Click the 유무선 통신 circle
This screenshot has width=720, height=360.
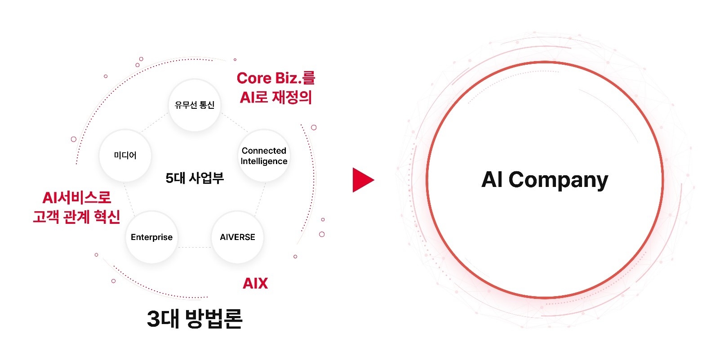click(x=194, y=105)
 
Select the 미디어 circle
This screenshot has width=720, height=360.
click(x=125, y=156)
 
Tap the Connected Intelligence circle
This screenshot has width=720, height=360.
click(x=264, y=156)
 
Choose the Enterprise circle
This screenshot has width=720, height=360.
click(x=151, y=237)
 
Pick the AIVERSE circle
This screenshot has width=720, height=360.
click(x=237, y=237)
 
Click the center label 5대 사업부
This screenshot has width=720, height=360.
click(x=194, y=178)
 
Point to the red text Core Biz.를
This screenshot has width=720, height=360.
click(x=276, y=78)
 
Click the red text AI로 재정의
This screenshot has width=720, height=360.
click(x=276, y=97)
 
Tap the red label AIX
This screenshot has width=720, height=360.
click(x=255, y=283)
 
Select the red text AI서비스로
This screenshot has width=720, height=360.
click(x=76, y=197)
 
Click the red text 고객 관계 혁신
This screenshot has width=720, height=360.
click(x=76, y=217)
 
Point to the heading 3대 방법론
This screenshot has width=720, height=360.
click(x=195, y=319)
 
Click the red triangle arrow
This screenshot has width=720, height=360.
click(x=362, y=180)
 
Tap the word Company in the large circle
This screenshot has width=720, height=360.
click(x=558, y=180)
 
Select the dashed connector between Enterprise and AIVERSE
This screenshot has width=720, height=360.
click(x=195, y=247)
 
